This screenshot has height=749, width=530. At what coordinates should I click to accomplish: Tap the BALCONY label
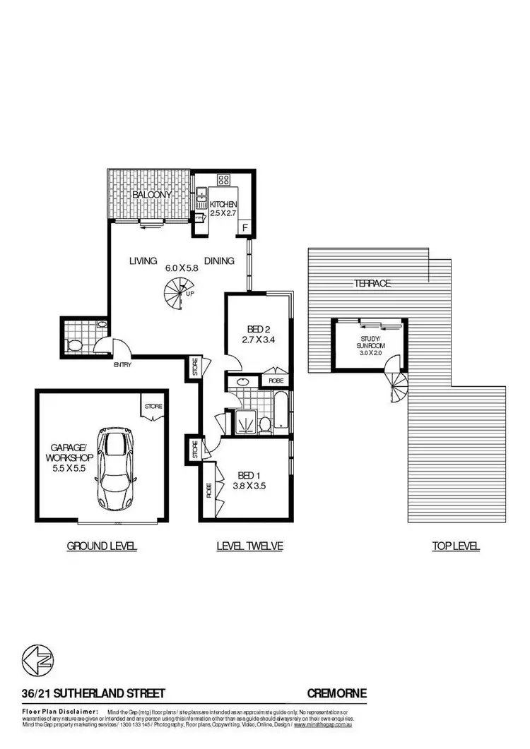pyautogui.click(x=151, y=194)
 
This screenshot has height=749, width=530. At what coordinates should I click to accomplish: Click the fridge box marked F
pyautogui.click(x=245, y=227)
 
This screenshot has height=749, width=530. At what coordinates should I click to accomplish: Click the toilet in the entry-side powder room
pyautogui.click(x=74, y=345)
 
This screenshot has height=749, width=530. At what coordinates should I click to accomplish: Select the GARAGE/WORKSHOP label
pyautogui.click(x=68, y=452)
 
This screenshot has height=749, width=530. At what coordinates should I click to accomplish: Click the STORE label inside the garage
pyautogui.click(x=153, y=406)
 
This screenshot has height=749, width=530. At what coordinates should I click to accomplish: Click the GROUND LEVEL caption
pyautogui.click(x=102, y=546)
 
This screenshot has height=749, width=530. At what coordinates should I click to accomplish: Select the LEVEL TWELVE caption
pyautogui.click(x=249, y=546)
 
